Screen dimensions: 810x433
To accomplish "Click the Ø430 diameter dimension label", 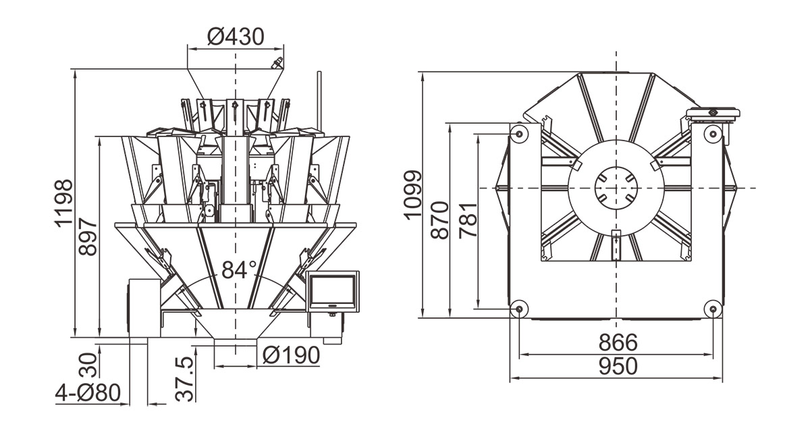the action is click(x=236, y=36).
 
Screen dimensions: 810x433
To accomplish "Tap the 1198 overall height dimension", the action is click(x=64, y=203).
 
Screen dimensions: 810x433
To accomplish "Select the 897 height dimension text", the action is click(x=88, y=237).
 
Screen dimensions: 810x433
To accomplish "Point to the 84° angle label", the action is click(x=239, y=270).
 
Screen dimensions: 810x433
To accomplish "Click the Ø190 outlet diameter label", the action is click(x=291, y=355).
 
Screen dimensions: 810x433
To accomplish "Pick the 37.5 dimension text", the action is click(x=184, y=380).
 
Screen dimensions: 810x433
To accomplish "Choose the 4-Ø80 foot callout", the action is click(x=88, y=393).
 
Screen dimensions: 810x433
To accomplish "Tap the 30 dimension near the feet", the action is click(x=88, y=365).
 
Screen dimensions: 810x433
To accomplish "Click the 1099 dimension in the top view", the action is click(x=412, y=195).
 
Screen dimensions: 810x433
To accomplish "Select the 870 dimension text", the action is click(x=440, y=220).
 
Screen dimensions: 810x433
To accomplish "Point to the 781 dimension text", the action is click(x=468, y=221).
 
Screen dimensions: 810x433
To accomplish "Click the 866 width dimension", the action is click(x=618, y=342).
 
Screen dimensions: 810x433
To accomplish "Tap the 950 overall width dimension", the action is click(x=618, y=365).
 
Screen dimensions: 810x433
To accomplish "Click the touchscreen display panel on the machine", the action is click(x=333, y=290).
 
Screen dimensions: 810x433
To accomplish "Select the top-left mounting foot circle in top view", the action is click(x=519, y=134).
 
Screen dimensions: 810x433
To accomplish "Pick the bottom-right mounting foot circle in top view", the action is click(x=713, y=309).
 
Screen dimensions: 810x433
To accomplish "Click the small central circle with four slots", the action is click(x=616, y=188).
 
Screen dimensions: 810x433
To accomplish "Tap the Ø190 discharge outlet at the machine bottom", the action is click(x=236, y=342).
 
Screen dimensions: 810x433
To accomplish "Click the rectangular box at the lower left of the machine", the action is click(x=144, y=307).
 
